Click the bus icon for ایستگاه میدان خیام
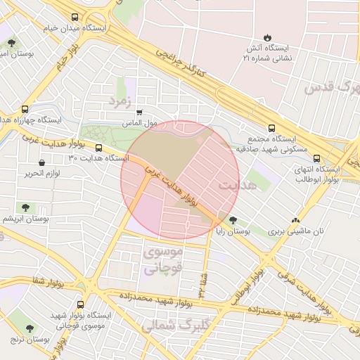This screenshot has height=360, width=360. (x=75, y=18)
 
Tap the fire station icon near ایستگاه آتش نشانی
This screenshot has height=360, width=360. (x=267, y=37)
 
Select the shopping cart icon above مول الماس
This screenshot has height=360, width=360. (x=139, y=112)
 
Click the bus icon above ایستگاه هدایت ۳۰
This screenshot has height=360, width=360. (x=98, y=148)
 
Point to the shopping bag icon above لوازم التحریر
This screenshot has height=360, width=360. (x=41, y=163)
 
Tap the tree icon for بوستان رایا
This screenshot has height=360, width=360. (x=233, y=220)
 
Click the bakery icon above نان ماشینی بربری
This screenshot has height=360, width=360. (x=295, y=220)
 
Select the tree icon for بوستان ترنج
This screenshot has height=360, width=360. (x=30, y=328)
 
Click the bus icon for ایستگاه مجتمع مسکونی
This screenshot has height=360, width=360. (x=262, y=128)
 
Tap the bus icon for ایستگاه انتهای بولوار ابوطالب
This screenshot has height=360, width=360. (x=316, y=158)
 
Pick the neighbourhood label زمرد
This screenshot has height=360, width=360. (x=120, y=103)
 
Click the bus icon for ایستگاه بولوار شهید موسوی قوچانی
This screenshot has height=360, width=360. (x=81, y=305)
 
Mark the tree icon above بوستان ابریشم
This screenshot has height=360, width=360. (x=25, y=207)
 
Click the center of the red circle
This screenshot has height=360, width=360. (x=180, y=180)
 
